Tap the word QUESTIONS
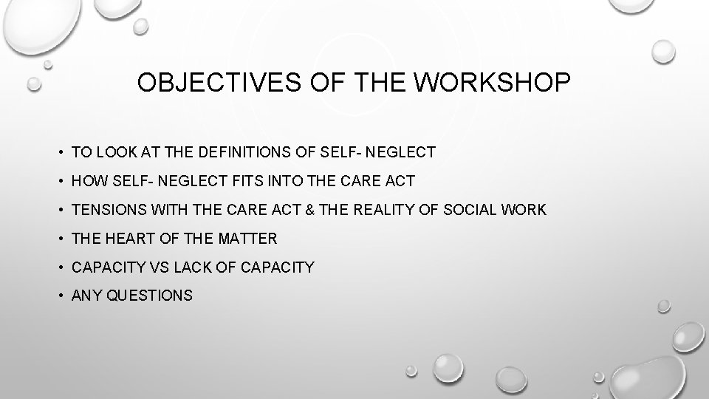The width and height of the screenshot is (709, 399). click(x=150, y=296)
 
